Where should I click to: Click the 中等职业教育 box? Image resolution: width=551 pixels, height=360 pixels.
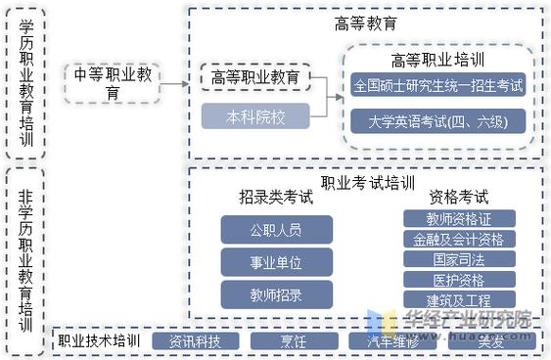pyautogui.click(x=113, y=83)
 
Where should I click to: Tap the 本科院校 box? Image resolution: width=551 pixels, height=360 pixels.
pyautogui.click(x=255, y=116)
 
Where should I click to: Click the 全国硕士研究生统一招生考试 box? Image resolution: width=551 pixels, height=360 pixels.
pyautogui.click(x=438, y=85)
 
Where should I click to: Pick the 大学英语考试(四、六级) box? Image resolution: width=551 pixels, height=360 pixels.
pyautogui.click(x=438, y=121)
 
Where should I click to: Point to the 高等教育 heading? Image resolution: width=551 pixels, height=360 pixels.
pyautogui.click(x=365, y=23)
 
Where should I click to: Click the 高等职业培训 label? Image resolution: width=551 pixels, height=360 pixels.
pyautogui.click(x=438, y=60)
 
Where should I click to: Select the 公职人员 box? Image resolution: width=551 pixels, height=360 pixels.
pyautogui.click(x=276, y=230)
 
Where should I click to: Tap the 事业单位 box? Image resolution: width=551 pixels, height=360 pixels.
pyautogui.click(x=276, y=261)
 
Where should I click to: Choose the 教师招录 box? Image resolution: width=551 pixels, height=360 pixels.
pyautogui.click(x=276, y=293)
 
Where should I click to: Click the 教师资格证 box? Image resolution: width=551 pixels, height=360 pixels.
pyautogui.click(x=458, y=218)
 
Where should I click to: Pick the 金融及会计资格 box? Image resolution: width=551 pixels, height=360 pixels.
pyautogui.click(x=458, y=239)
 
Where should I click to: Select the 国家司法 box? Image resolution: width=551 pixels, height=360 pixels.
pyautogui.click(x=458, y=259)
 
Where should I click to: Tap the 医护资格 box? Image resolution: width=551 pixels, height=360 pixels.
pyautogui.click(x=458, y=280)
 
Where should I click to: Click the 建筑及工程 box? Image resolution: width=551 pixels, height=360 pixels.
pyautogui.click(x=458, y=299)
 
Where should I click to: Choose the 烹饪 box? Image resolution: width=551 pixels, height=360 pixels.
pyautogui.click(x=294, y=341)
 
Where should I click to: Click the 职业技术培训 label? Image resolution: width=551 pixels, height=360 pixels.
pyautogui.click(x=98, y=341)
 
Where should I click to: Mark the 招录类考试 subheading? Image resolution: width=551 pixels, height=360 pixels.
pyautogui.click(x=276, y=197)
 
